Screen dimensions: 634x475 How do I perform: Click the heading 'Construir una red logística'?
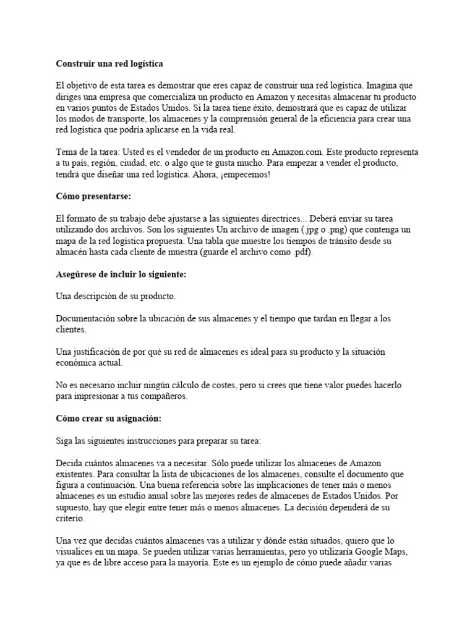point(109,63)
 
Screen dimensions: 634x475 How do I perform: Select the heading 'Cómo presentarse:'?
point(92,196)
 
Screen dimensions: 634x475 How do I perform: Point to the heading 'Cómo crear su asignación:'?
point(108,419)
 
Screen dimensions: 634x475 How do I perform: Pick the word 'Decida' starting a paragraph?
point(70,462)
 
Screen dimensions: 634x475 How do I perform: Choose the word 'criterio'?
point(72,518)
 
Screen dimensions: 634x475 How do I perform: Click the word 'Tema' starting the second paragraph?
point(67,152)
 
